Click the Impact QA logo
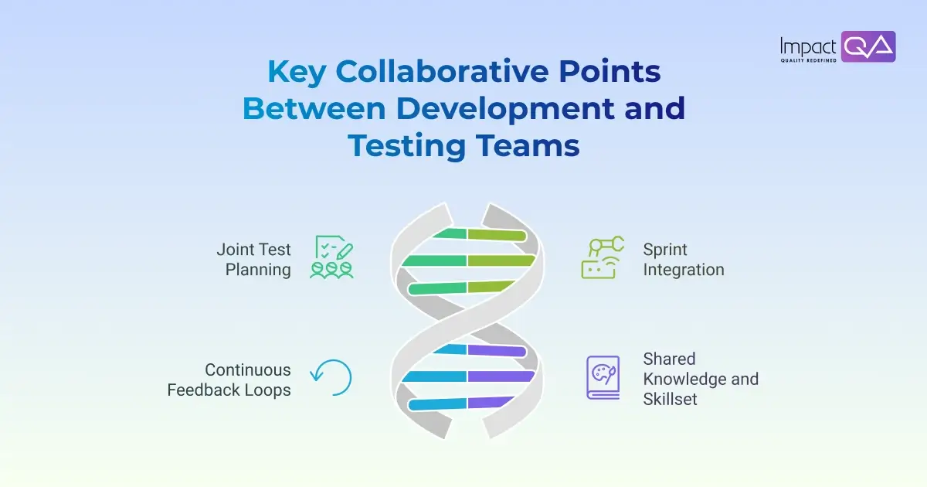(837, 47)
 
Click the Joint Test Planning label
(253, 260)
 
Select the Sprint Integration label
(683, 260)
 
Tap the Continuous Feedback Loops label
(229, 380)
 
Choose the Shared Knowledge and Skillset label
(700, 380)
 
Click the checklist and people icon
(331, 257)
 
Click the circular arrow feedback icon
(331, 377)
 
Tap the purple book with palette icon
(603, 377)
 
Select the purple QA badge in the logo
(868, 46)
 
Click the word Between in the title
(314, 108)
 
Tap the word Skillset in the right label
(669, 400)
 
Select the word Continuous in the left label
(247, 370)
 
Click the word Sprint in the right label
(665, 250)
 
